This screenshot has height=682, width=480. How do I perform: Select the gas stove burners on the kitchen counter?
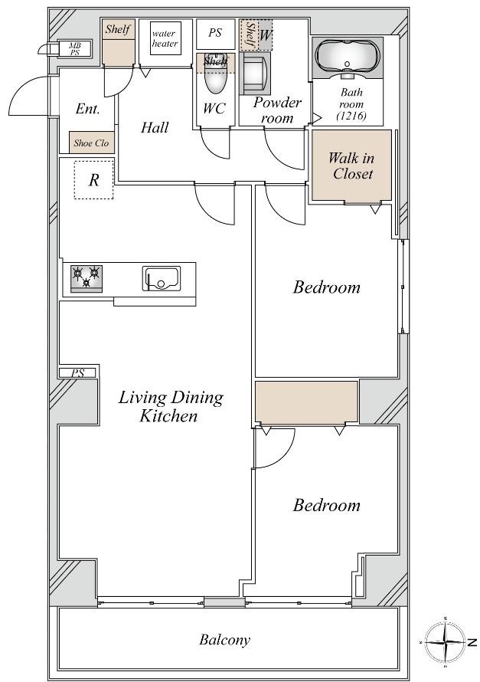[x=87, y=278]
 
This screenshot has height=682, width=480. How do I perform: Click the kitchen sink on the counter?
[x=162, y=279]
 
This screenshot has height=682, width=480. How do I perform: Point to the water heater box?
[x=165, y=39]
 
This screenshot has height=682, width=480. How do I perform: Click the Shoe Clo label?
[x=91, y=143]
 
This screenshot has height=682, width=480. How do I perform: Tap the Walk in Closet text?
[x=352, y=166]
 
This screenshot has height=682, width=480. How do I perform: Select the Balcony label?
[x=224, y=640]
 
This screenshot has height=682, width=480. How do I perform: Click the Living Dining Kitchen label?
[x=171, y=406]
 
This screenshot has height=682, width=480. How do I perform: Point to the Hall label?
[x=155, y=127]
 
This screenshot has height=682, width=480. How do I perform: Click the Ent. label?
[x=88, y=108]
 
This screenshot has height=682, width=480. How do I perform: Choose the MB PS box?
[x=74, y=49]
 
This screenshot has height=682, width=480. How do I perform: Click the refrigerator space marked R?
[x=94, y=179]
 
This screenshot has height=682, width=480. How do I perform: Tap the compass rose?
[x=446, y=642]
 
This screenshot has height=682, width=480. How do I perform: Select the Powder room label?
[x=277, y=110]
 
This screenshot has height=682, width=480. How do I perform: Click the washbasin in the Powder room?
[x=255, y=74]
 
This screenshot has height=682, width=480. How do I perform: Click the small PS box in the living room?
[x=78, y=372]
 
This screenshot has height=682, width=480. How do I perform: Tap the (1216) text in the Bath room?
[x=351, y=116]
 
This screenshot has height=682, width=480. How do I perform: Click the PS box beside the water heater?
[x=215, y=34]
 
